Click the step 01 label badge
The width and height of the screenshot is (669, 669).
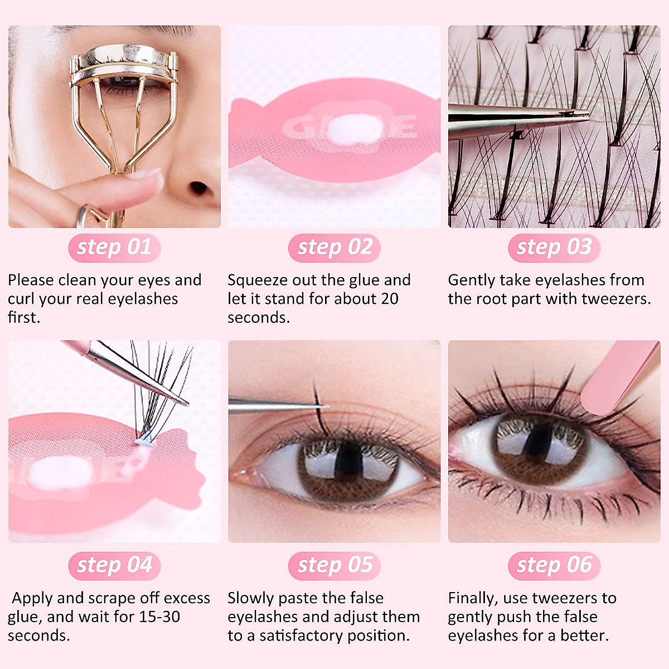coord(114,248)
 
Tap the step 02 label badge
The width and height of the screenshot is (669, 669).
coord(334,248)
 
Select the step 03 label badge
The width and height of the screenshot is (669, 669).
coord(554,248)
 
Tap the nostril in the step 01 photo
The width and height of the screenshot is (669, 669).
coord(198,188)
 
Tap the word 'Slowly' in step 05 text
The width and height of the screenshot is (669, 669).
coord(250,598)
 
